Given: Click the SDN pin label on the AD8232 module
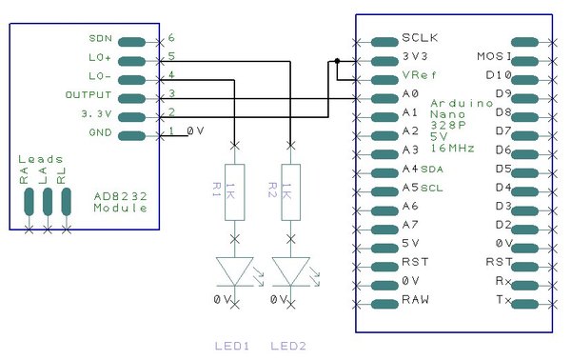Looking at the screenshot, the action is click(101, 38).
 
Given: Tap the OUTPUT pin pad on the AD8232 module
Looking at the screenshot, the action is click(132, 98).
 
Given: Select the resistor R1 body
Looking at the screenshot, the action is click(234, 192).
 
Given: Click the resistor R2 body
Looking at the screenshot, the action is click(290, 192).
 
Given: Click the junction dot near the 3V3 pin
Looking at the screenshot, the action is click(337, 61).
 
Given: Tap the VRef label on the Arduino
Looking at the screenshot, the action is click(419, 75).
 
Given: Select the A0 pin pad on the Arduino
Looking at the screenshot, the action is click(384, 98).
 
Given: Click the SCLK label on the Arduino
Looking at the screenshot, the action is click(420, 37).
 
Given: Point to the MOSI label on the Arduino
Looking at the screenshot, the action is click(494, 56).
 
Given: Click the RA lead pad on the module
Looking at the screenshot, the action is click(29, 202).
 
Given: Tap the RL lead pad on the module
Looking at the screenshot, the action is click(67, 202).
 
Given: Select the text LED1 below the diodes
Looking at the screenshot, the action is click(232, 346).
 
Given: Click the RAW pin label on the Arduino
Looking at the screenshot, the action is click(415, 299).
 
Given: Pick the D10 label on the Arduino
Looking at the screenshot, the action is click(499, 75).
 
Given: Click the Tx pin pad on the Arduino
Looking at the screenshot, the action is click(525, 304).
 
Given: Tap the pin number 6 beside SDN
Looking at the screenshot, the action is click(171, 37).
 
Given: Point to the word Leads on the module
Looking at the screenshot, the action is click(41, 159).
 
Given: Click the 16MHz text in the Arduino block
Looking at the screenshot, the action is click(453, 148).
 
